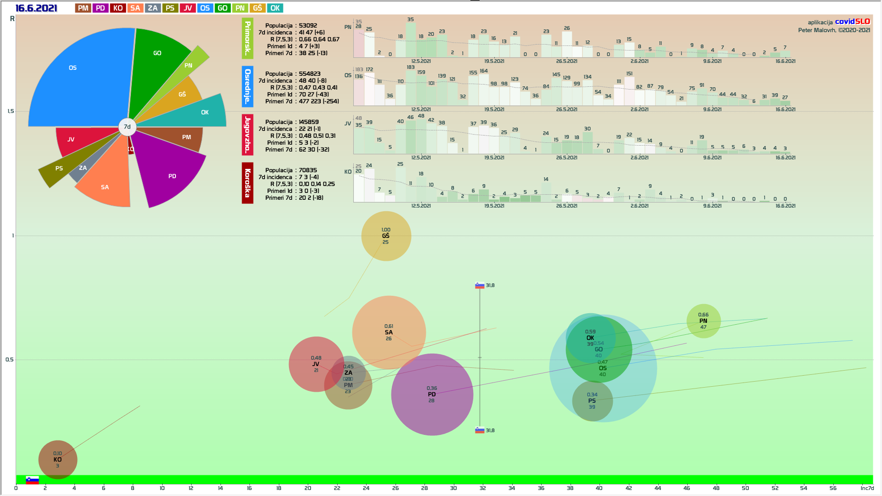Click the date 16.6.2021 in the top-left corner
36,8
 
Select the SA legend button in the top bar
135,8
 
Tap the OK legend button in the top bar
275,8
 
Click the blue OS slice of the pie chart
78,78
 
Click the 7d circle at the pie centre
127,127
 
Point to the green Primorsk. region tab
248,39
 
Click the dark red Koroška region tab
248,183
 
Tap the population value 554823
310,74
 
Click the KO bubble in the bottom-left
57,459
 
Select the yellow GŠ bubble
386,236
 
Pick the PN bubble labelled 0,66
703,321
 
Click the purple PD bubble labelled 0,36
432,395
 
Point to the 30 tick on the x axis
453,488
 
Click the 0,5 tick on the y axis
10,360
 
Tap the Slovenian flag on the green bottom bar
32,480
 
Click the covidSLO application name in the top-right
852,22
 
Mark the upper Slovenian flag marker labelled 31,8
480,286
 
